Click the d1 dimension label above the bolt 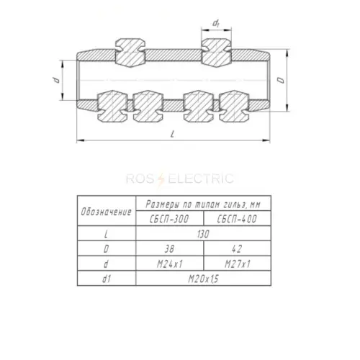click(x=216, y=24)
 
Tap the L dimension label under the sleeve click(x=172, y=135)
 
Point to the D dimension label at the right click(x=281, y=80)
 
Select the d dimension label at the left click(x=57, y=80)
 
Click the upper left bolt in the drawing click(x=130, y=53)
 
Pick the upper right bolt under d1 click(x=216, y=53)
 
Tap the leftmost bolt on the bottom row click(x=112, y=107)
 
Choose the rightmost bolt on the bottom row click(x=235, y=107)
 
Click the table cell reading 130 click(x=203, y=233)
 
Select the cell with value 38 click(x=170, y=248)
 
